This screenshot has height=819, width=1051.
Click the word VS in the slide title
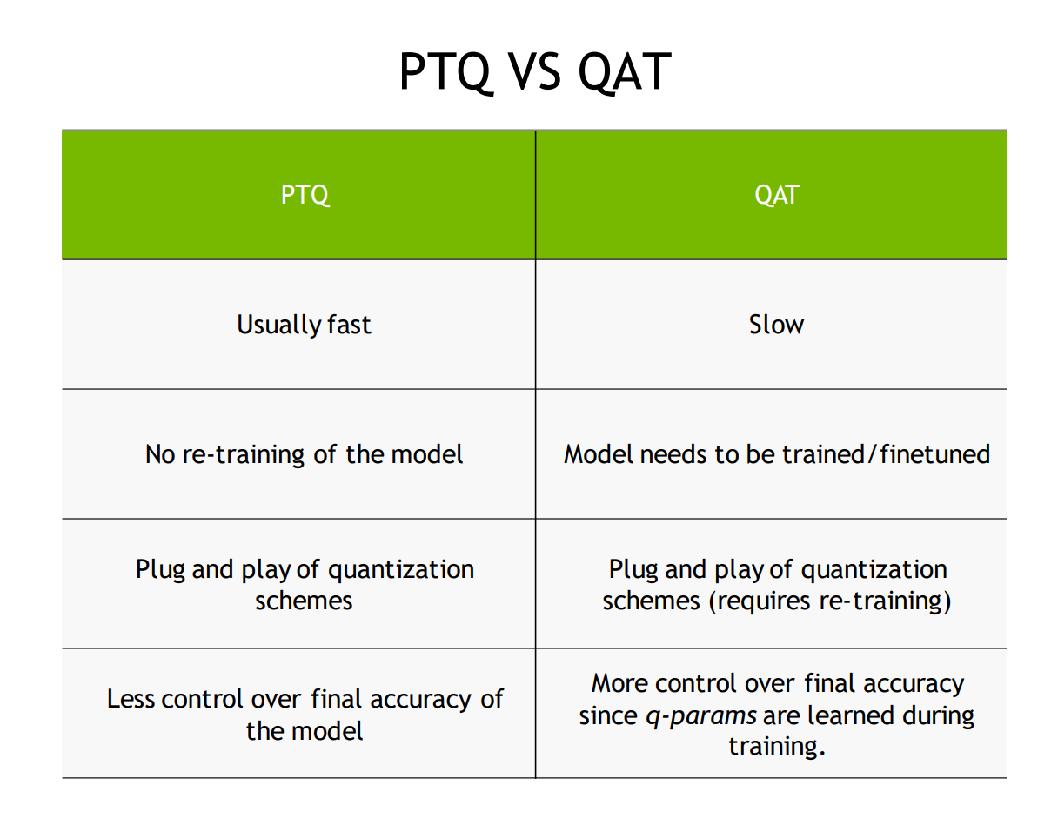point(535,72)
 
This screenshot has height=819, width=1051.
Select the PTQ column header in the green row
point(305,196)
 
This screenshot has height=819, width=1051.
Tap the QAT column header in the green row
point(777,196)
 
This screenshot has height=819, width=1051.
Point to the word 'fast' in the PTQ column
point(349,325)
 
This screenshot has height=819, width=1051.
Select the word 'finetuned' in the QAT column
point(935,454)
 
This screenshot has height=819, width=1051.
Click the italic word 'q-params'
point(701,716)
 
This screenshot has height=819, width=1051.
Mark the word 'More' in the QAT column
point(620,684)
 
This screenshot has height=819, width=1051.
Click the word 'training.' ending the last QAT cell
point(777,747)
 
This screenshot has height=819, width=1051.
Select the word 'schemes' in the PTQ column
point(304,601)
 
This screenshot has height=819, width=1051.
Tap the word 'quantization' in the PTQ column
point(401,570)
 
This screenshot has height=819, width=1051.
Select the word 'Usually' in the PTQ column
point(278,325)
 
